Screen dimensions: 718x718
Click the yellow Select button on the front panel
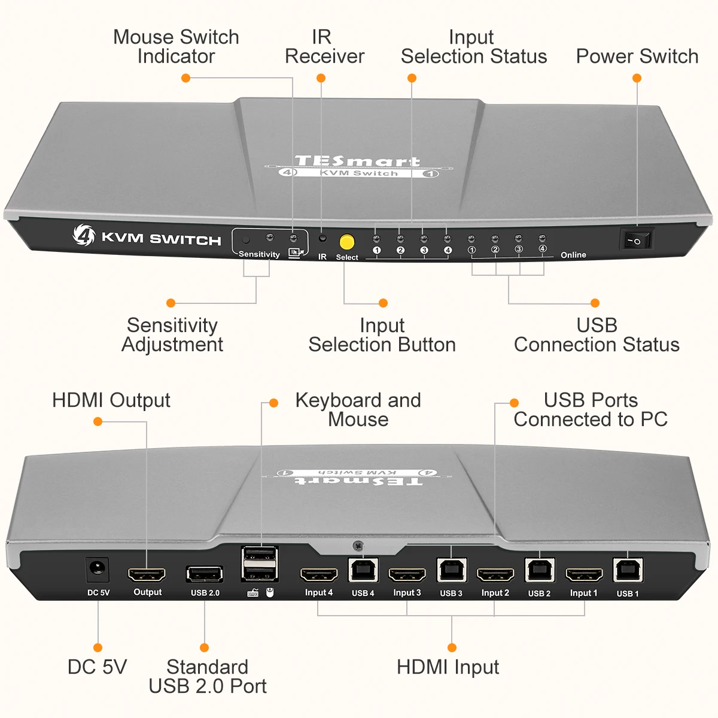pos(347,242)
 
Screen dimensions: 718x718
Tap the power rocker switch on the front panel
pos(635,241)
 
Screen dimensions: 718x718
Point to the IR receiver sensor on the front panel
pos(323,238)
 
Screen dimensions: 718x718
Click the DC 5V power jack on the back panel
pos(98,570)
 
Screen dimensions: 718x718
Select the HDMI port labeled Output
pos(147,575)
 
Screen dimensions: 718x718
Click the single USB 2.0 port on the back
pos(205,574)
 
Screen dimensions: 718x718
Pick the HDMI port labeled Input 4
pos(318,575)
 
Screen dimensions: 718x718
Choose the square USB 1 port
pos(628,571)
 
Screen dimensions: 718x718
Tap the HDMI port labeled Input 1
pos(584,575)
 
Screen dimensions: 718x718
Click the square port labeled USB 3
pos(451,571)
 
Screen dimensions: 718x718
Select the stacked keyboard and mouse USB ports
pos(260,563)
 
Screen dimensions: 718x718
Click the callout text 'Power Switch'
pos(637,56)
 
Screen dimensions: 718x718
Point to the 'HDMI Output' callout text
pos(111,400)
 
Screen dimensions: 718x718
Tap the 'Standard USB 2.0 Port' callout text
pos(208,676)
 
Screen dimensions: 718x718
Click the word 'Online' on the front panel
pos(573,255)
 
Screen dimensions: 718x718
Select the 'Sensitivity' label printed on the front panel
pos(259,254)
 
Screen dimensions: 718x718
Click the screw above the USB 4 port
pos(358,546)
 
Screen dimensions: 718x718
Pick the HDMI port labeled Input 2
pos(495,575)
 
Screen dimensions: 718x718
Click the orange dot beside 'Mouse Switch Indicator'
pos(186,78)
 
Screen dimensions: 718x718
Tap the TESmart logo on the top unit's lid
pos(358,162)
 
